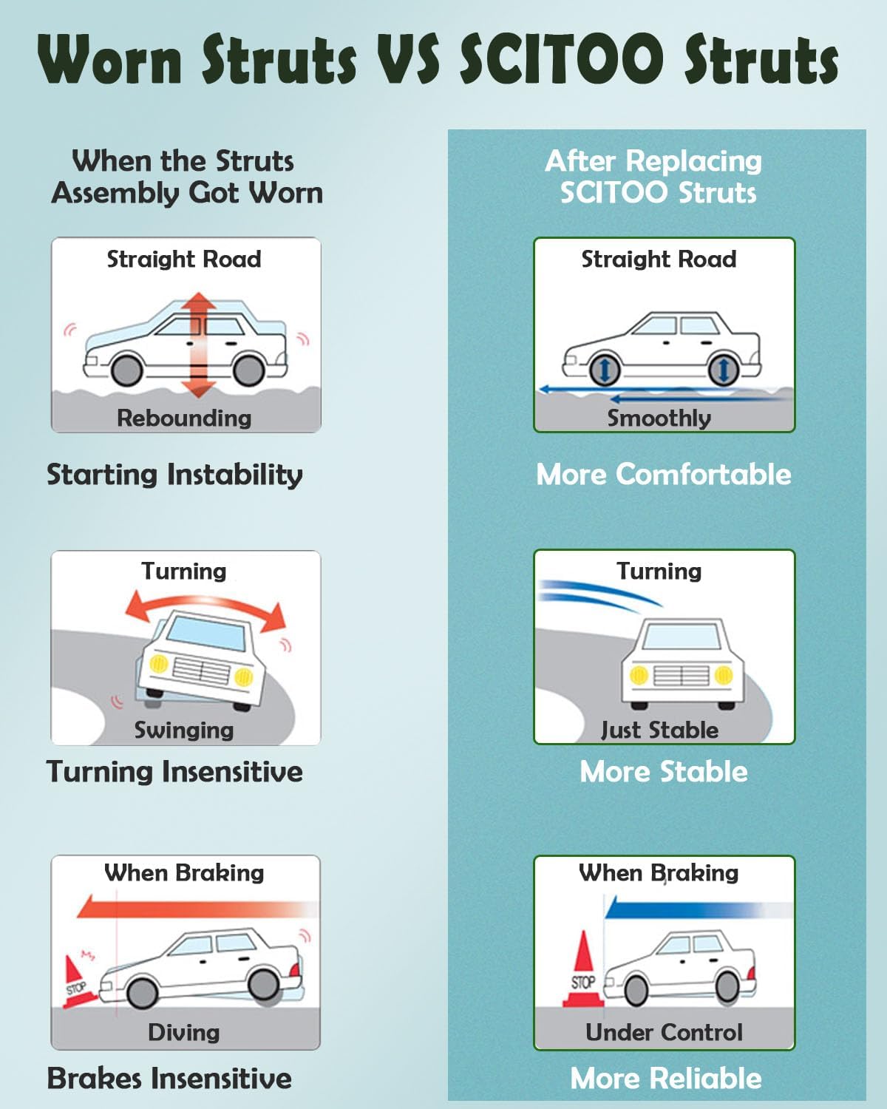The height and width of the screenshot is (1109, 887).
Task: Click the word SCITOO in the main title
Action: click(562, 59)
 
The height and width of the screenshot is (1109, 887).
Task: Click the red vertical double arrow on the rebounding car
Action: click(198, 345)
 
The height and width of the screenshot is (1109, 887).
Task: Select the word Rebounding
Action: click(184, 418)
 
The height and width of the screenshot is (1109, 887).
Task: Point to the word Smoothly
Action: click(659, 418)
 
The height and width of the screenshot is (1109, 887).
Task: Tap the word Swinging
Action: click(184, 730)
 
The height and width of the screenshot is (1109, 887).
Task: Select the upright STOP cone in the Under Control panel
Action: click(583, 972)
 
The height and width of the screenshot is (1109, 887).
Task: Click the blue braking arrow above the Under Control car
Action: click(687, 909)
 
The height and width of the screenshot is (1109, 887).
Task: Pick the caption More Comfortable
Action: click(663, 474)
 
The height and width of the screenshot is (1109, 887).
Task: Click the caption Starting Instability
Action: click(174, 474)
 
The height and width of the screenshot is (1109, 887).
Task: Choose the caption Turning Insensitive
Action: click(174, 771)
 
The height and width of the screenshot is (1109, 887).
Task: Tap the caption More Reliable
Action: click(665, 1078)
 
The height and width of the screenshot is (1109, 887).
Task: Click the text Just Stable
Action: click(659, 730)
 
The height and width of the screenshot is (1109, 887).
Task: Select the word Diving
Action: click(184, 1032)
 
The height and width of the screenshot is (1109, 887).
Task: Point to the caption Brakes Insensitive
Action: click(169, 1078)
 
